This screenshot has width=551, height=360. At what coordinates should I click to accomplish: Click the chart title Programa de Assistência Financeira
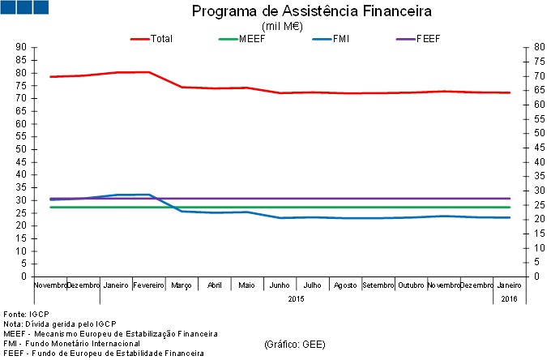(x=311, y=12)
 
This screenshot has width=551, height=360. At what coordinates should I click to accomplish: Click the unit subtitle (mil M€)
(x=282, y=26)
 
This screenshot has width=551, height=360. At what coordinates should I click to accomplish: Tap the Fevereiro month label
(x=148, y=285)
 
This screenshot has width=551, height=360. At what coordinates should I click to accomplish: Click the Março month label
(x=182, y=285)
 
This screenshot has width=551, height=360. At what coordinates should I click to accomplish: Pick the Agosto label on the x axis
(x=345, y=285)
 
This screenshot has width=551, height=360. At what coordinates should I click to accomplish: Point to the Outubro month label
(x=411, y=285)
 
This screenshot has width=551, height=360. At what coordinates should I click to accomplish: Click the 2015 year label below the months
(x=297, y=299)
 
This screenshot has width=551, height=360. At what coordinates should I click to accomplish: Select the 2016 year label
(x=509, y=299)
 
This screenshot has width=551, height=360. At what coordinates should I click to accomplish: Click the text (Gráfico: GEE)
(x=295, y=344)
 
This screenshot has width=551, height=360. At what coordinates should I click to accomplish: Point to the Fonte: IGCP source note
(x=27, y=314)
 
